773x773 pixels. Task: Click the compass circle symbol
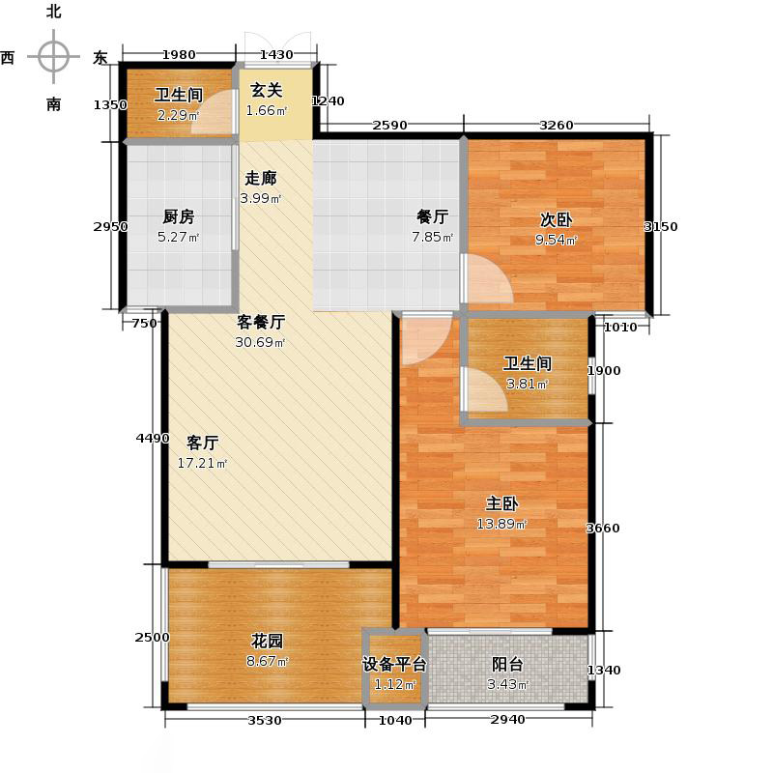pyautogui.click(x=53, y=56)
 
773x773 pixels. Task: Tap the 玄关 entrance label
pyautogui.click(x=267, y=90)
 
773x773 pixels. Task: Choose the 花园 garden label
pyautogui.click(x=268, y=641)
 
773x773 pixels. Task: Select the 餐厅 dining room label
pyautogui.click(x=432, y=217)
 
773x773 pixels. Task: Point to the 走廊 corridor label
pyautogui.click(x=260, y=179)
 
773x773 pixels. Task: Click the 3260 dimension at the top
pyautogui.click(x=556, y=124)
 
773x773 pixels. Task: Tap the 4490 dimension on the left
pyautogui.click(x=151, y=439)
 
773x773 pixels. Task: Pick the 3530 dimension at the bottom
pyautogui.click(x=264, y=721)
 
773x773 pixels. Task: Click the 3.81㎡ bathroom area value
pyautogui.click(x=526, y=384)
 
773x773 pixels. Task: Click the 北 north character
pyautogui.click(x=53, y=12)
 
